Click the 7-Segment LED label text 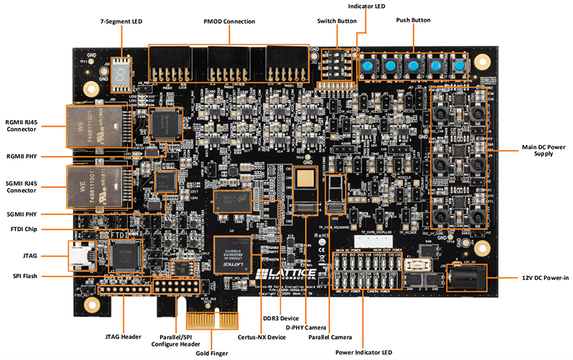point(121,22)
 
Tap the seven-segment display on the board point(122,68)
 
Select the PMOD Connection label point(229,22)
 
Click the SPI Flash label point(26,276)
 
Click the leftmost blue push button point(368,66)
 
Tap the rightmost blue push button point(459,66)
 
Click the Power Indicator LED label point(363,352)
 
